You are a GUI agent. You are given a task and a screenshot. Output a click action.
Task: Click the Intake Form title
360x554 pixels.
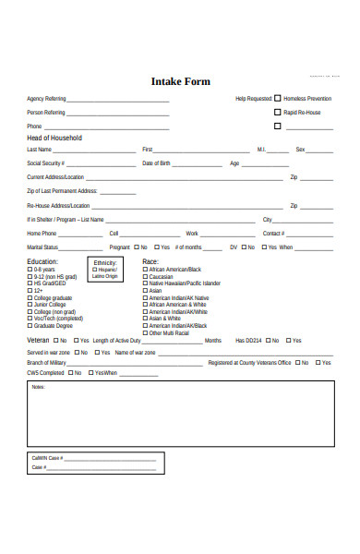(180, 81)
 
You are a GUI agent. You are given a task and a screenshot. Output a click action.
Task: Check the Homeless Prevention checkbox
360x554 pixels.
(278, 98)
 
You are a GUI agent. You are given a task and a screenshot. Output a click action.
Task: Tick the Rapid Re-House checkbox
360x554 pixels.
(278, 112)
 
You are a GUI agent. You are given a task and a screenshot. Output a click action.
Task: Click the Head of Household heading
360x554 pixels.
(54, 138)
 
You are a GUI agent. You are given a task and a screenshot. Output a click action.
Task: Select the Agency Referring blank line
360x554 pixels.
(117, 100)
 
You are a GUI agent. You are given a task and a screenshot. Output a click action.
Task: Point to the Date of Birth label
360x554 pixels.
(156, 163)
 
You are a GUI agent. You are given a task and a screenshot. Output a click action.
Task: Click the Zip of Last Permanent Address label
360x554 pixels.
(62, 190)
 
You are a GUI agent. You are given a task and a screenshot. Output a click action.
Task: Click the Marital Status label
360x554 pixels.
(43, 247)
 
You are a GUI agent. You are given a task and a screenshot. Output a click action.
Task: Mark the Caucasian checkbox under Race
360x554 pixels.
(145, 276)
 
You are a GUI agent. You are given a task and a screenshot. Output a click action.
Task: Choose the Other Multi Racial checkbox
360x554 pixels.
(145, 332)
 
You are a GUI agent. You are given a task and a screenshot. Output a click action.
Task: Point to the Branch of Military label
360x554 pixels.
(46, 363)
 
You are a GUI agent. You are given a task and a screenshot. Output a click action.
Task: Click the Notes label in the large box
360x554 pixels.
(38, 387)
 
